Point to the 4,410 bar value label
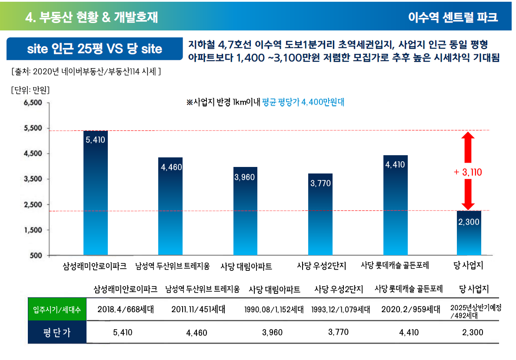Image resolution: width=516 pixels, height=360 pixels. click(395, 165)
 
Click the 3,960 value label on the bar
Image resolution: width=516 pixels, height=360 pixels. click(245, 177)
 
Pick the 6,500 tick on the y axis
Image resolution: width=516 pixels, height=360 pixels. click(33, 103)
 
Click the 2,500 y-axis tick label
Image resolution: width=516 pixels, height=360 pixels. click(33, 204)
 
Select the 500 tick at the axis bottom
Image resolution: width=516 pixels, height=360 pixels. click(36, 255)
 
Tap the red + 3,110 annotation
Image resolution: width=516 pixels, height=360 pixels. click(468, 172)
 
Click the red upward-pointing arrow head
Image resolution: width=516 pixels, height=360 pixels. click(468, 138)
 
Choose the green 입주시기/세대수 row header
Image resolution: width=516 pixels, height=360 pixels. click(57, 310)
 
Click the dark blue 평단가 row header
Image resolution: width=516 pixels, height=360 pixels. click(57, 333)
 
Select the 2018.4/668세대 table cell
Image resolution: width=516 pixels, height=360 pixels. click(126, 310)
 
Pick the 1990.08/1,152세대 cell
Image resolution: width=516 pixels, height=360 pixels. click(274, 310)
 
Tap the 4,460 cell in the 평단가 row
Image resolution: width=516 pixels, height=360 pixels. click(197, 333)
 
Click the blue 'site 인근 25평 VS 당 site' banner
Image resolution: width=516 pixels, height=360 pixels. click(94, 49)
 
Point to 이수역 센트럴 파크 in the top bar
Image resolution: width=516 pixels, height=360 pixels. click(453, 17)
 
